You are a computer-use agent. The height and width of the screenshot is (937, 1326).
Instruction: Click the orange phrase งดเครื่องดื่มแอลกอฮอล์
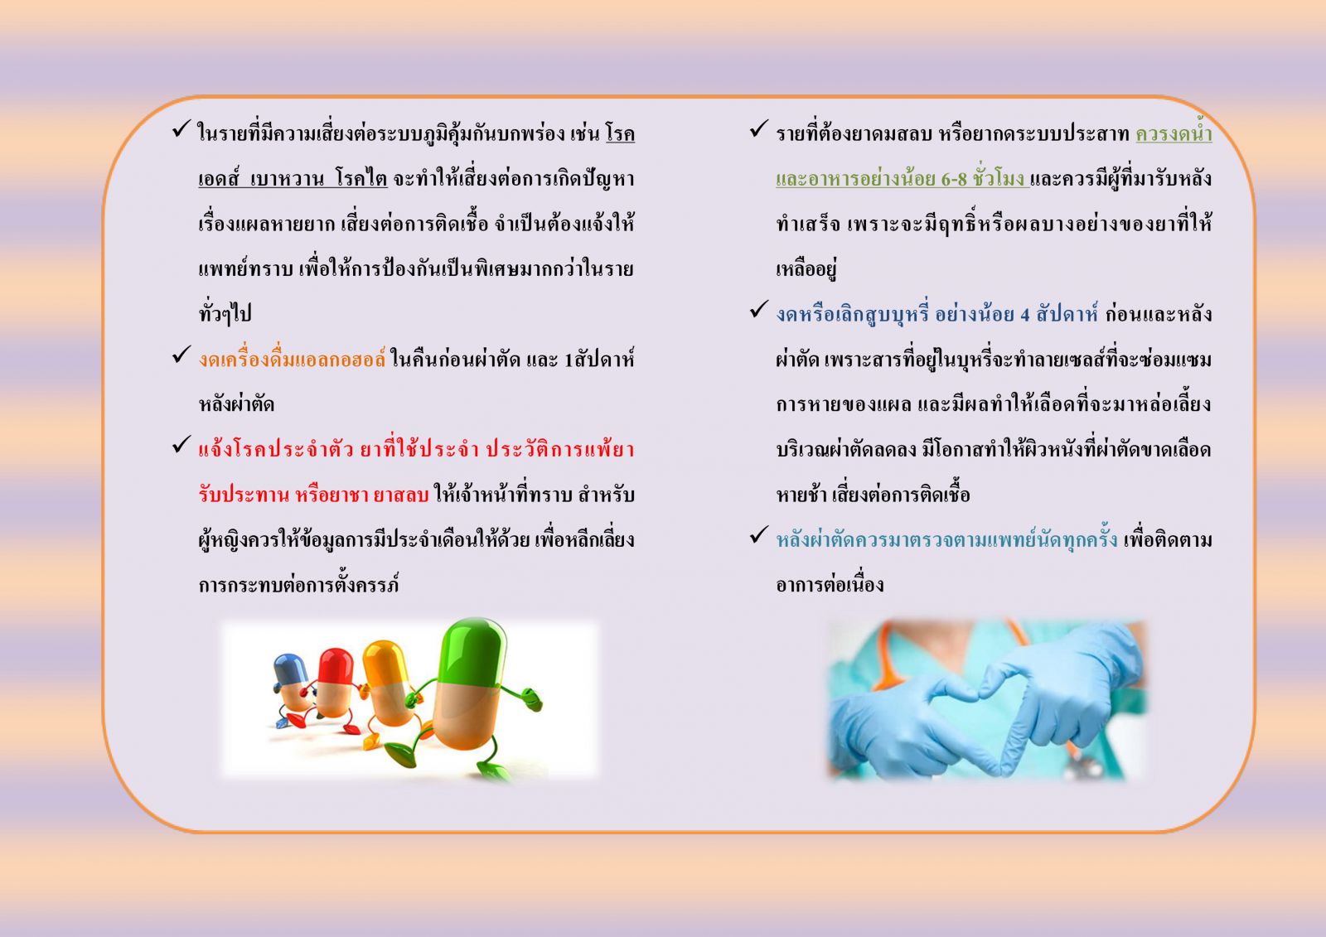coord(292,360)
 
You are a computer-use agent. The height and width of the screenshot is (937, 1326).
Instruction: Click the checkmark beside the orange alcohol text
coord(181,355)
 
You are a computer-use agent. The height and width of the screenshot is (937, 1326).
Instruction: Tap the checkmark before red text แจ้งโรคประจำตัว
coord(181,445)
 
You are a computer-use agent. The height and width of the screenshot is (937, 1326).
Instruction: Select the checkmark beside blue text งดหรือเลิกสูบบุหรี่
coord(759,309)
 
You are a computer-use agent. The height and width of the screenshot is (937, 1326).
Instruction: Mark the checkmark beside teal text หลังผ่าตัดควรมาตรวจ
coord(759,534)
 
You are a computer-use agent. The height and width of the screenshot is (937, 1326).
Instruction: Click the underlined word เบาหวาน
coord(287,179)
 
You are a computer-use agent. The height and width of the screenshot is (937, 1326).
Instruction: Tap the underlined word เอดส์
coord(218,179)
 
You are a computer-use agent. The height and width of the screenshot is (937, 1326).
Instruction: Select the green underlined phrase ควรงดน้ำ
coord(1174,133)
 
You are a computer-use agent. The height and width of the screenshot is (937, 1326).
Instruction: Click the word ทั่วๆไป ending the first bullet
coord(225,313)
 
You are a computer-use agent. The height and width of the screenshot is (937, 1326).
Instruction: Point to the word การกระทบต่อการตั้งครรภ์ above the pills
coord(298,585)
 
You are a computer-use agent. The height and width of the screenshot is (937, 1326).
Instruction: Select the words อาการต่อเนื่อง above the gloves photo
coord(830,585)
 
